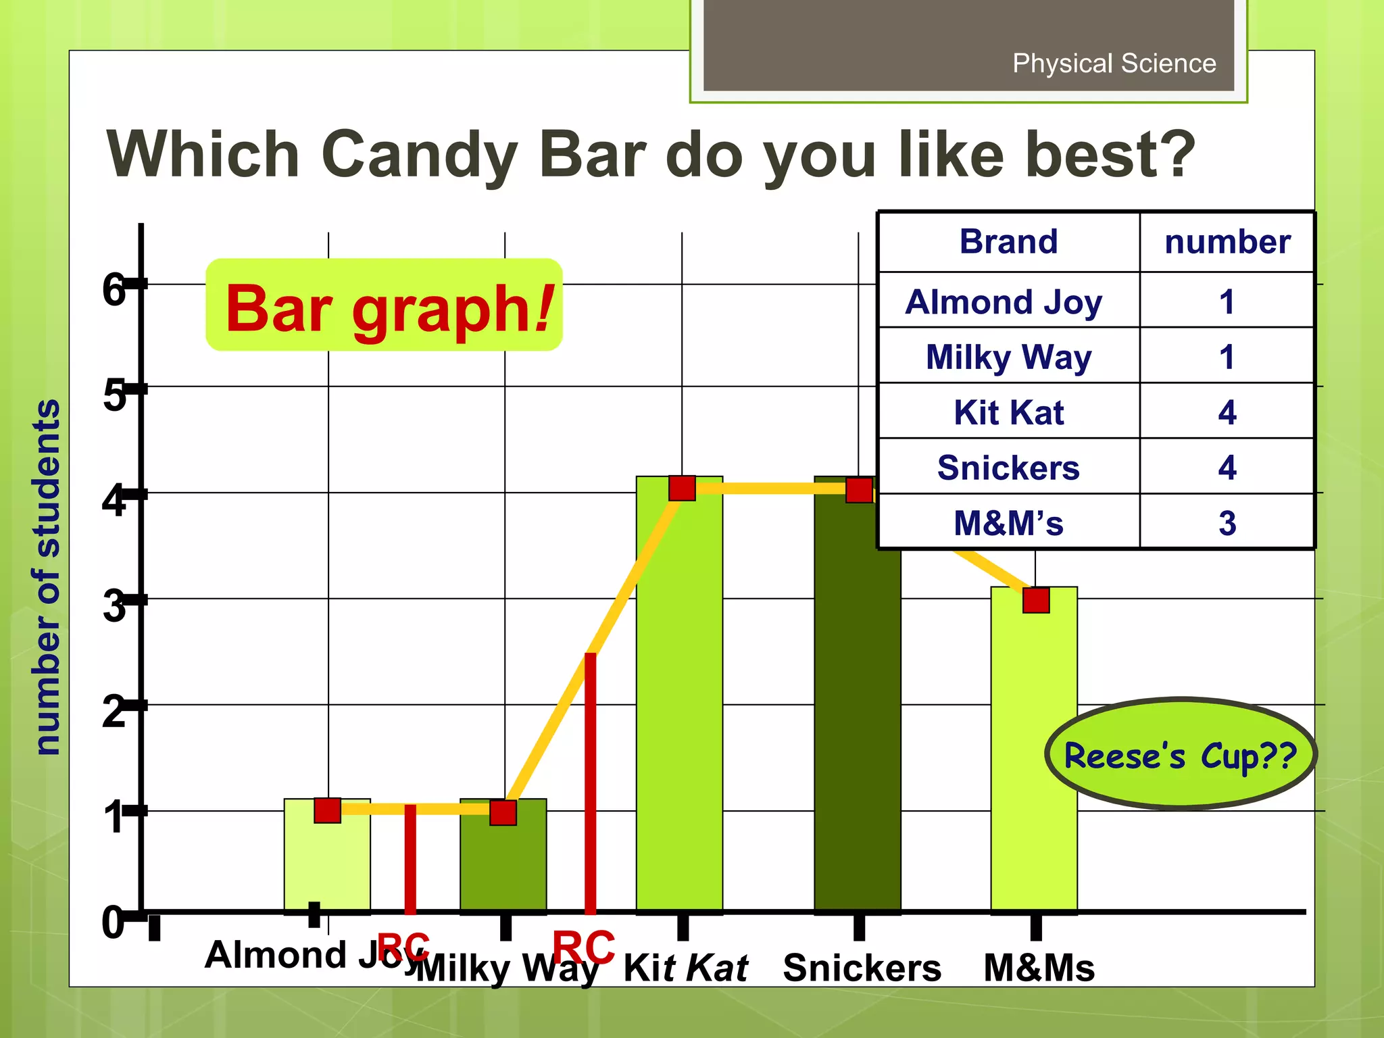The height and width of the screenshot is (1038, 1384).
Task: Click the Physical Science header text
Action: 1114,64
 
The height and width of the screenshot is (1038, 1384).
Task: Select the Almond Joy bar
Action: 327,865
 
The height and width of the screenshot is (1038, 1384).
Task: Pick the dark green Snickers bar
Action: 856,710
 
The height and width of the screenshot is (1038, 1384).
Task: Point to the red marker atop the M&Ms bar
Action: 1035,599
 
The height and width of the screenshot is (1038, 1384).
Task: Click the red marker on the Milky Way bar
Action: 503,812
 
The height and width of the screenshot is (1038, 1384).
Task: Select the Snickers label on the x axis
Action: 862,968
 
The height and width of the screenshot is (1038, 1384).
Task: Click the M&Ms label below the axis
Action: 1039,968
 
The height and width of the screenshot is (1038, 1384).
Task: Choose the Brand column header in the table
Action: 1008,242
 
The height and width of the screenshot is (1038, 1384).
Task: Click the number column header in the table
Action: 1227,242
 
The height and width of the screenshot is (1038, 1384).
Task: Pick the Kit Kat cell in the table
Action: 1008,412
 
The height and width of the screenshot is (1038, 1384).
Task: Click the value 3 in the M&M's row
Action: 1227,523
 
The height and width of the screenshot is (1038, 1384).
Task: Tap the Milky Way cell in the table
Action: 1008,357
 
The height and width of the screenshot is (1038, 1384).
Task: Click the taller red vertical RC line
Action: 591,784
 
